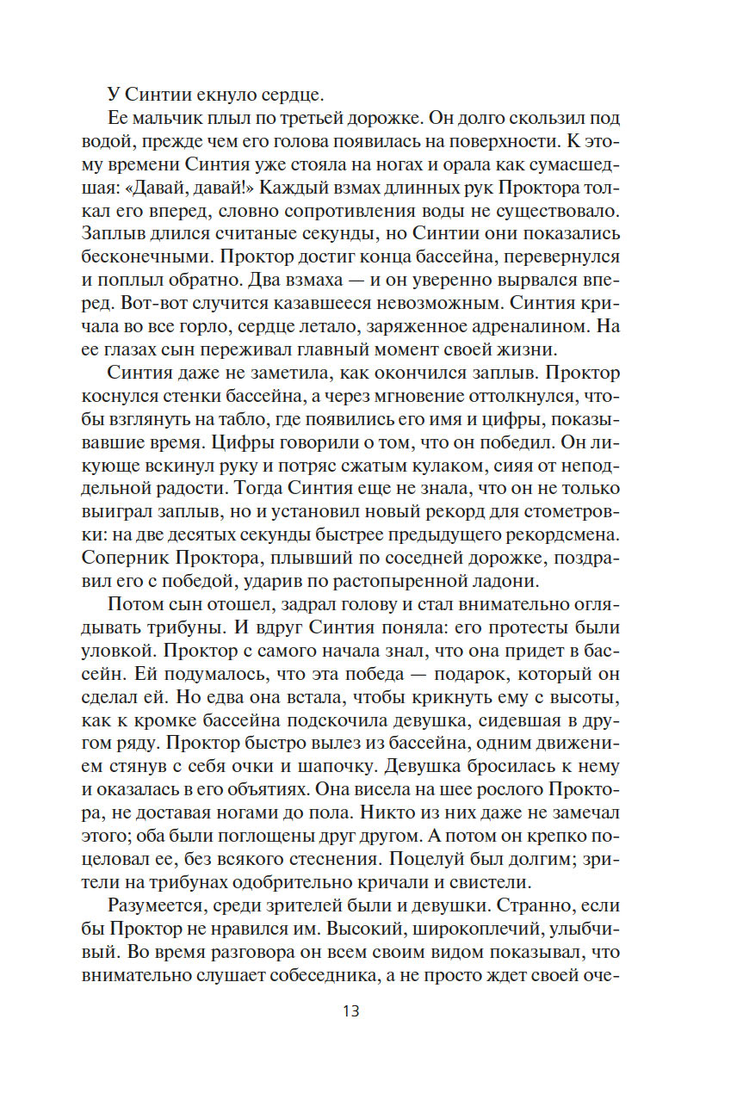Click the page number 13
[x=350, y=1010]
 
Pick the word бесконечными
[x=143, y=256]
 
